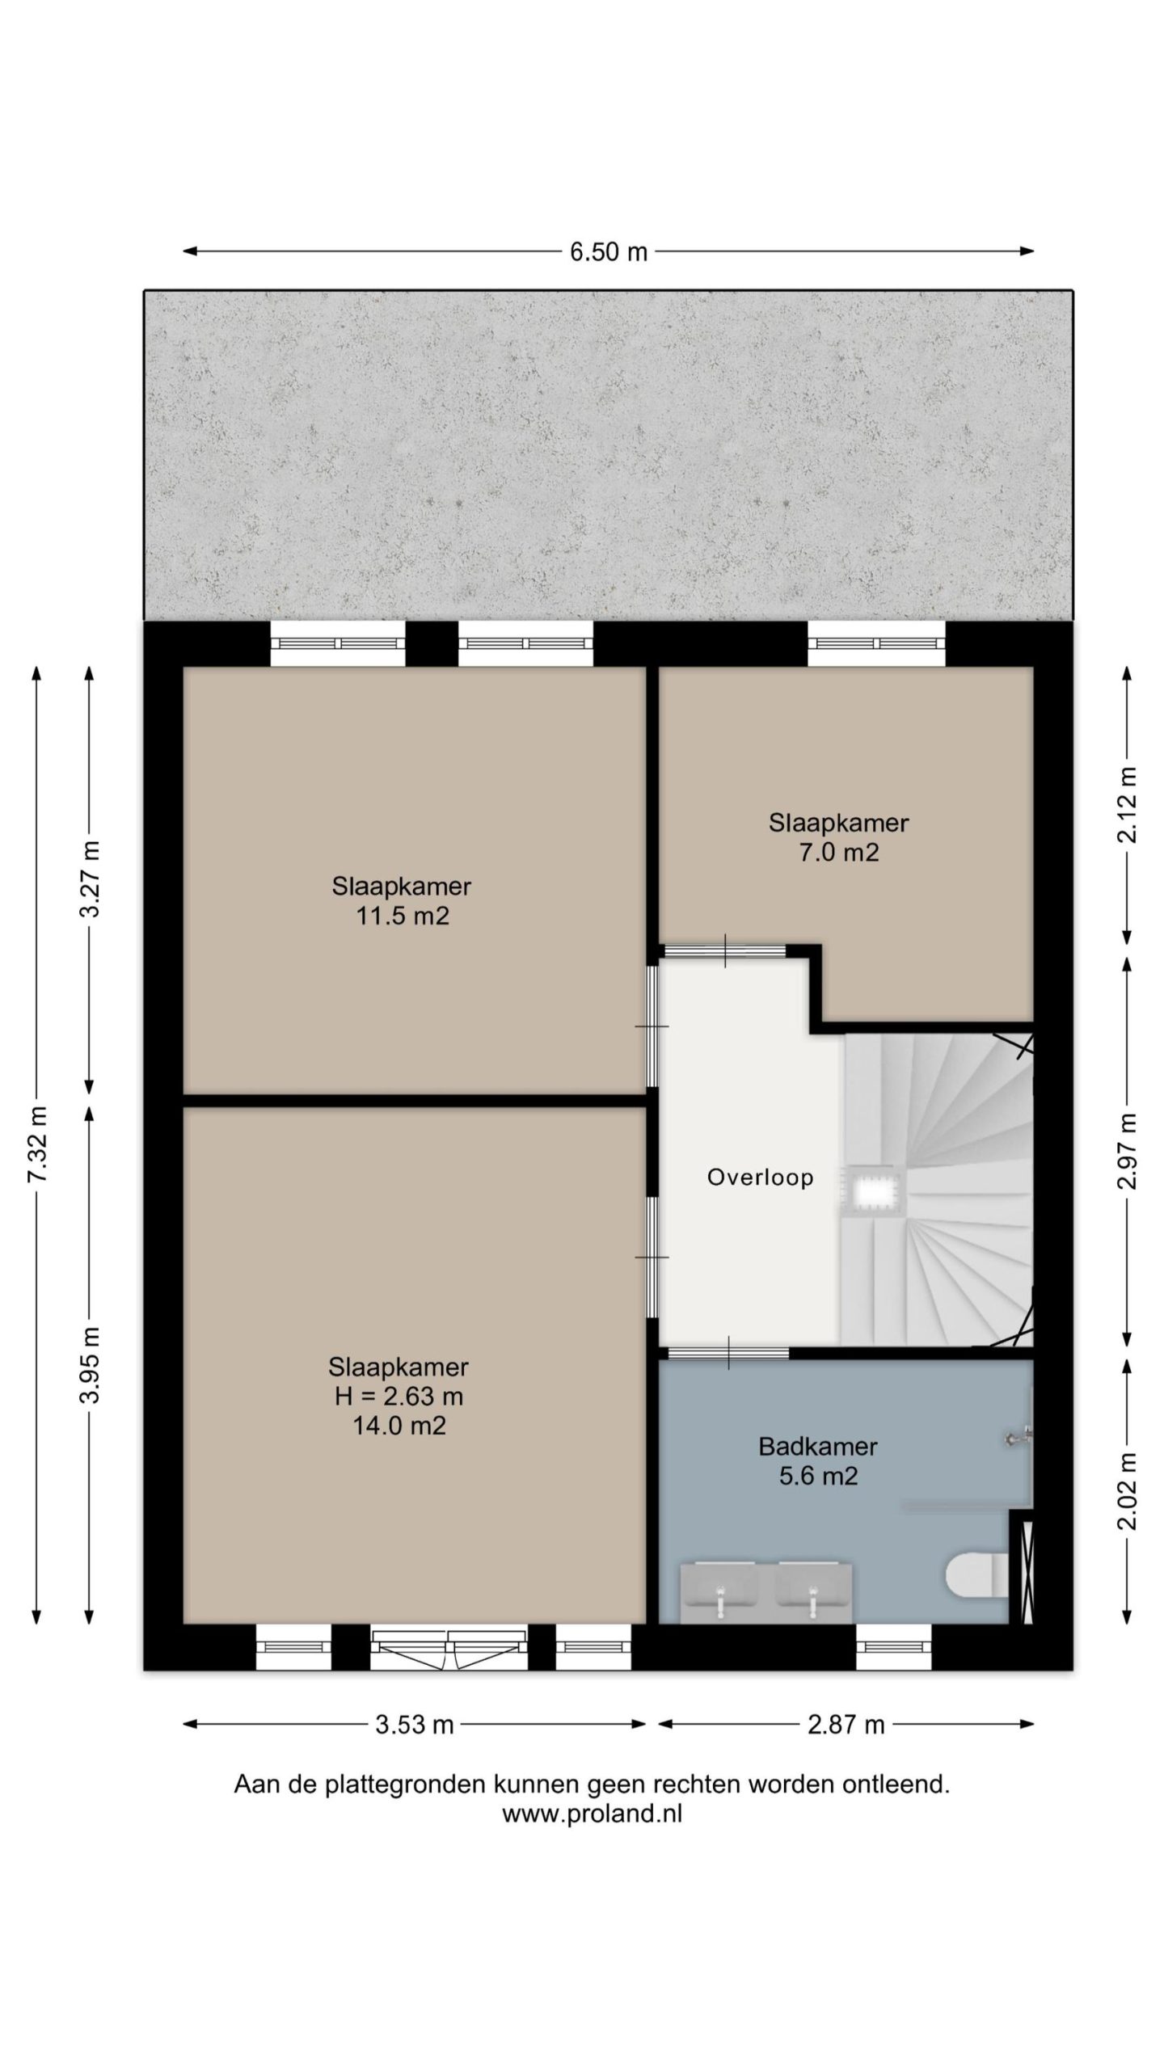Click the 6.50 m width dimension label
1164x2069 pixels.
point(609,252)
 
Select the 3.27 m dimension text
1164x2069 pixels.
point(91,878)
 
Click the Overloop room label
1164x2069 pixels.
point(760,1178)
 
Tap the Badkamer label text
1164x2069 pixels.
point(818,1446)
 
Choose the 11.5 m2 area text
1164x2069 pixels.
point(403,916)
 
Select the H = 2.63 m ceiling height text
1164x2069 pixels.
point(399,1396)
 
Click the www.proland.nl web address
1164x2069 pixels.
point(593,1813)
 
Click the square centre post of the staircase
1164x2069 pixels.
point(871,1191)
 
